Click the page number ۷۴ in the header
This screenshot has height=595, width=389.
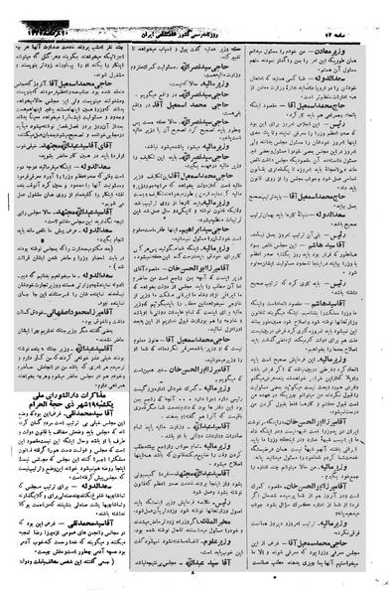click(x=343, y=8)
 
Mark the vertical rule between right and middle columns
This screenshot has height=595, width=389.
click(x=259, y=298)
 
